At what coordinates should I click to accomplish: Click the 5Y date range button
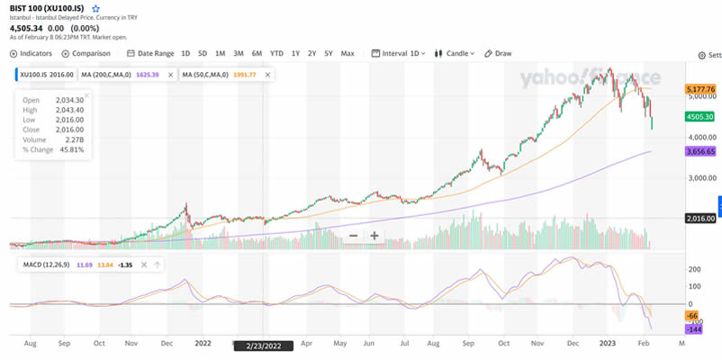tap(329, 53)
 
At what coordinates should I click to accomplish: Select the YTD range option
tap(276, 53)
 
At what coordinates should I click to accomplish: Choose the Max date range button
tap(347, 53)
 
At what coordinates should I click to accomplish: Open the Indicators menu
tap(32, 53)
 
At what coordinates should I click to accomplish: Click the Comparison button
tap(86, 53)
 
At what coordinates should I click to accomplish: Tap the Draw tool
tap(498, 53)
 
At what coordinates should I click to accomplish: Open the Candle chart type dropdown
tap(456, 53)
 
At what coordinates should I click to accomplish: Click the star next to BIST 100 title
tap(96, 8)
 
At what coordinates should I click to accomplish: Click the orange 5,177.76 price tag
tap(700, 89)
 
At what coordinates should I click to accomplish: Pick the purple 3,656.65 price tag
tap(700, 152)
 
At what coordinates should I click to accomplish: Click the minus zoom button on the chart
tap(353, 236)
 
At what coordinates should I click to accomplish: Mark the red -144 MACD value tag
tap(693, 330)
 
